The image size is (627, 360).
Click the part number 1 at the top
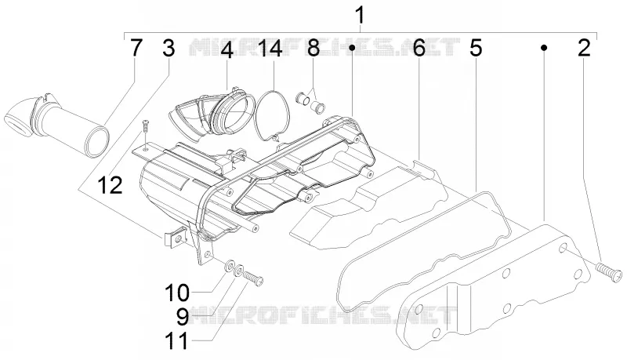pyautogui.click(x=360, y=16)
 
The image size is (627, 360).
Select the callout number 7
pyautogui.click(x=136, y=49)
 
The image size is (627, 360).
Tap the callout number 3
pyautogui.click(x=169, y=49)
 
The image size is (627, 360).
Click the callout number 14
pyautogui.click(x=270, y=49)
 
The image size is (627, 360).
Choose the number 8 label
pyautogui.click(x=313, y=49)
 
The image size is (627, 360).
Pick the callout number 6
pyautogui.click(x=419, y=49)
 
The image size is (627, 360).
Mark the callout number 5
pyautogui.click(x=476, y=49)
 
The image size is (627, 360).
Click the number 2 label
pyautogui.click(x=584, y=49)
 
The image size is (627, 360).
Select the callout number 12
pyautogui.click(x=110, y=185)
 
